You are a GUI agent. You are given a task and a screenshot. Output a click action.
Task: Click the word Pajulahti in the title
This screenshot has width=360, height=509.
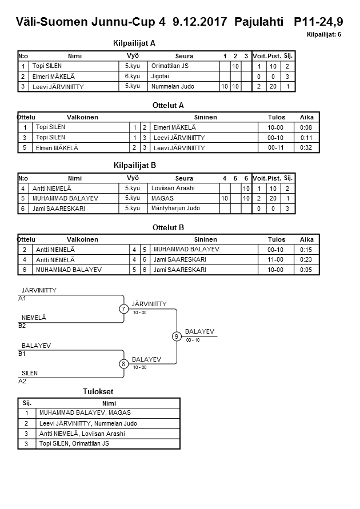259,22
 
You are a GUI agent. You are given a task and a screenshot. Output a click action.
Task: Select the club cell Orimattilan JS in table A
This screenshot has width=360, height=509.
170,66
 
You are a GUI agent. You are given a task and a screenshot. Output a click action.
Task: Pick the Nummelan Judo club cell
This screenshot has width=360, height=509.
173,87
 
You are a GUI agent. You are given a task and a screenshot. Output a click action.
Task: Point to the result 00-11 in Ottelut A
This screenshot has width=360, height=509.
277,148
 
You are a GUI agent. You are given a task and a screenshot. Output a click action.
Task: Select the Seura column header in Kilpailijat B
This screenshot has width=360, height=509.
184,178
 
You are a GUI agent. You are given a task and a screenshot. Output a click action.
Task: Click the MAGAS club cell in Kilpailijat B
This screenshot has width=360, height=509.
162,198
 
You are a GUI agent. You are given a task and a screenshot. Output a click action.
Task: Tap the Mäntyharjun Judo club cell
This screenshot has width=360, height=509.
175,209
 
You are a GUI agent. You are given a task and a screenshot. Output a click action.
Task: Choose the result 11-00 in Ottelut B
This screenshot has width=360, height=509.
277,259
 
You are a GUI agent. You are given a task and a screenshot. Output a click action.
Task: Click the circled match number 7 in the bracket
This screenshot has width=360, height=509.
123,309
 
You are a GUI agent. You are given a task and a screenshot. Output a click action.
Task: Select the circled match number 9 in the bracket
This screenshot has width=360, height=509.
177,336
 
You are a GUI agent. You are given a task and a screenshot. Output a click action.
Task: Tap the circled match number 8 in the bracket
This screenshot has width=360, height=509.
123,364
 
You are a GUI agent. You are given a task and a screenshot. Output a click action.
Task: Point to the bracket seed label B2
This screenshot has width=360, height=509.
22,326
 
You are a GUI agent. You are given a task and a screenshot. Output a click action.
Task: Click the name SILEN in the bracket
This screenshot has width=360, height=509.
29,373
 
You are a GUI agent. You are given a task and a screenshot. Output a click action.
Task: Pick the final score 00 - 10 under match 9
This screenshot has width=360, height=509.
193,340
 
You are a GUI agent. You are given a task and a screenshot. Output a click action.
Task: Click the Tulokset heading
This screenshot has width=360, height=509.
98,391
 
